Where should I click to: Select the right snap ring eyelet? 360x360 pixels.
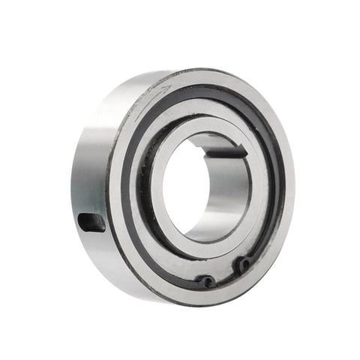[243, 264]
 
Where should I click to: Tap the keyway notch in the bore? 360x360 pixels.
[225, 149]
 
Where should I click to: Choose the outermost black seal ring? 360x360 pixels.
[127, 187]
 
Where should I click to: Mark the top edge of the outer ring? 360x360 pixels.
[210, 70]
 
